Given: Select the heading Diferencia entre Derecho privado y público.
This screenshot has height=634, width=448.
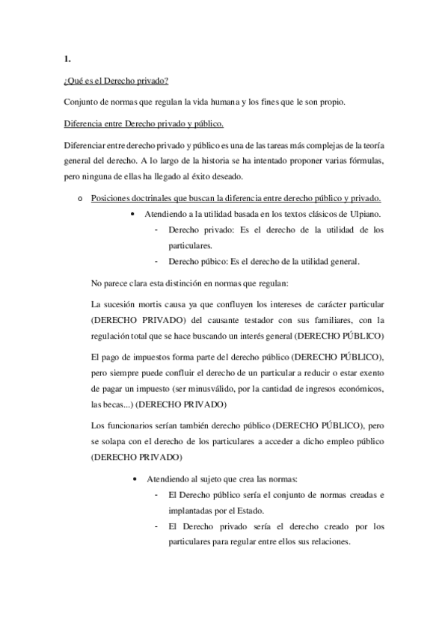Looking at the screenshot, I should [x=144, y=123].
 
